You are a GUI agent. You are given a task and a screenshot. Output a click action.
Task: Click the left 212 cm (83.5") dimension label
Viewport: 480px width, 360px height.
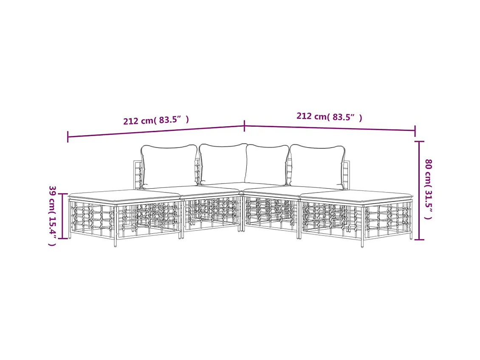coord(156,120)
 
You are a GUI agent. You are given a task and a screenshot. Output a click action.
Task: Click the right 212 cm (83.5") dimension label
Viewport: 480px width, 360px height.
coord(329,116)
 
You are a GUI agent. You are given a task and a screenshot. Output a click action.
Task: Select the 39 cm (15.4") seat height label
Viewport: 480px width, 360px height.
coord(52,215)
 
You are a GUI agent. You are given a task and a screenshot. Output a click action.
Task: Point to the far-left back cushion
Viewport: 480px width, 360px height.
coord(169,166)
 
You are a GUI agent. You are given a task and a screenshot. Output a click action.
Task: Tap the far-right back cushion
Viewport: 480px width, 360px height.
coord(317,167)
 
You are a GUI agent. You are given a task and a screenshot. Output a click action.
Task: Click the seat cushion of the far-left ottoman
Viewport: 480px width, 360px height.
coord(124,196)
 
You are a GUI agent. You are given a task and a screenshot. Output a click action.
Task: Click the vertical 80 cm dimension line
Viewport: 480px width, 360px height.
coord(419,190)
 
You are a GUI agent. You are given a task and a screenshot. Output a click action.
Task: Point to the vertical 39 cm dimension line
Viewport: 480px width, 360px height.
coord(62,216)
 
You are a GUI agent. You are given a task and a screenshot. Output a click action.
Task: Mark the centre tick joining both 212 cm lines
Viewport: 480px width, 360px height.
coord(244,126)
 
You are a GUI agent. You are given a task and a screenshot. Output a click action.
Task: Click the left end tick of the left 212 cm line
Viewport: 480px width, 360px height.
coord(68,137)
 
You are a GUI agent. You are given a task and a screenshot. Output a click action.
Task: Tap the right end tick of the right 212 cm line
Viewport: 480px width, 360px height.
coord(415,131)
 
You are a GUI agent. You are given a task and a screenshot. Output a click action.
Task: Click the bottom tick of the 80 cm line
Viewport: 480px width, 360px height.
coord(419,239)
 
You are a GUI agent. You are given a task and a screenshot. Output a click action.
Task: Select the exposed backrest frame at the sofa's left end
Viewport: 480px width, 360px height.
coord(137,174)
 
